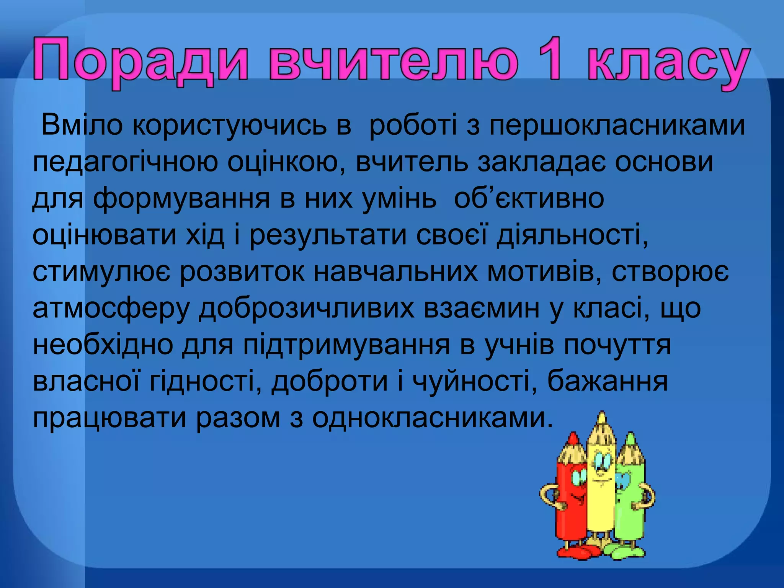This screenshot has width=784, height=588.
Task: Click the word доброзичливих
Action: tap(306, 309)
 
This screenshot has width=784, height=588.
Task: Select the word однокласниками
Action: tap(433, 418)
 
